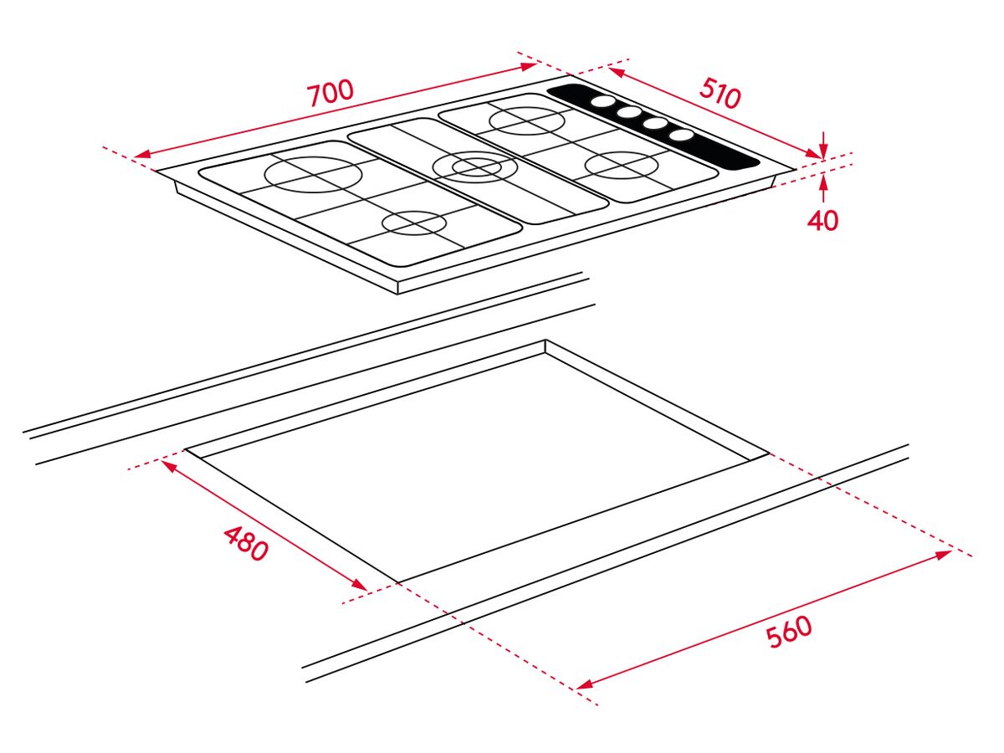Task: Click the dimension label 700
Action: pos(330,93)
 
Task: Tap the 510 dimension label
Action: pos(719,93)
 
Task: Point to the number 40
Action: pos(823,220)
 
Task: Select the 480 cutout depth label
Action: pos(246,544)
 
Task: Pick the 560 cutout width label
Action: pos(790,632)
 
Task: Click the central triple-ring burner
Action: pos(476,166)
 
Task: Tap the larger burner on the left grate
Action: pos(313,175)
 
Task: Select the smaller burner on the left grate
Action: pos(414,223)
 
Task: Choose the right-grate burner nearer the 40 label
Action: pos(622,165)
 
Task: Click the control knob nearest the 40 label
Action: pos(683,135)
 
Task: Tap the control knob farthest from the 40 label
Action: pos(602,101)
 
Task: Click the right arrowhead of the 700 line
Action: pos(529,66)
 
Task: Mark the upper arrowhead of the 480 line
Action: pos(170,466)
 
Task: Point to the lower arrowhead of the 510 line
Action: pos(813,153)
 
